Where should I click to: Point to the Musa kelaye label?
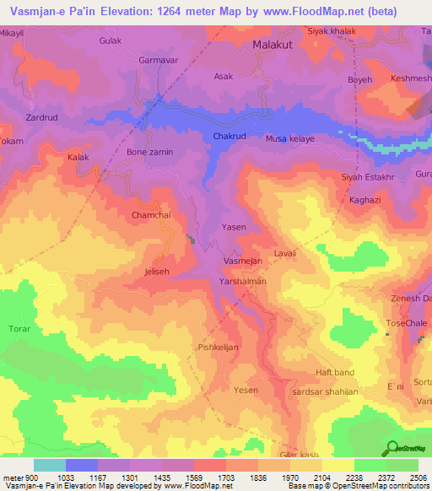pos(289,138)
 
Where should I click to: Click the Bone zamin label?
pos(149,152)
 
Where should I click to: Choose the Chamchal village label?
pos(152,216)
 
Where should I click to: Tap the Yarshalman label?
pos(243,281)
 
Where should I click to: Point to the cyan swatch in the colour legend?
pos(50,465)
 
